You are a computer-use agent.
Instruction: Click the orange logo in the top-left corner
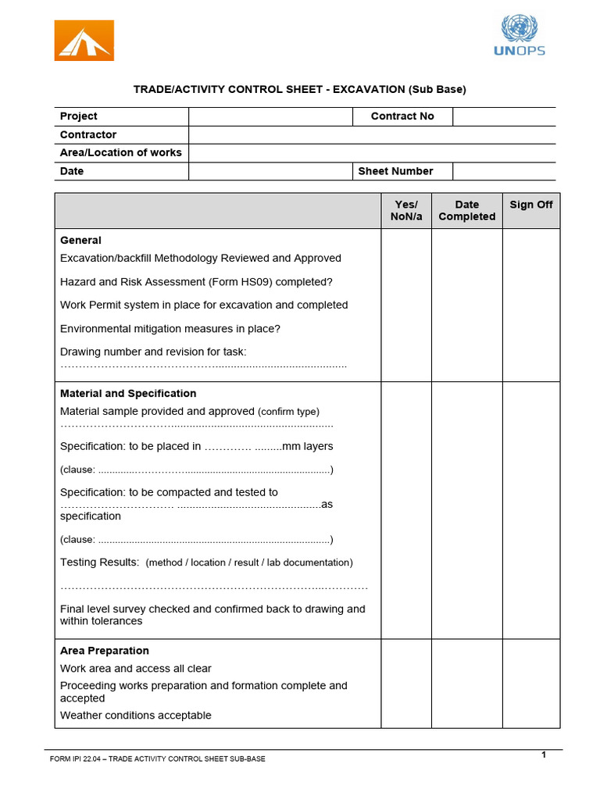[x=84, y=41]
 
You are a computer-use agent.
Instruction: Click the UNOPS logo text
[x=520, y=52]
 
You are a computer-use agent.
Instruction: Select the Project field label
[x=79, y=116]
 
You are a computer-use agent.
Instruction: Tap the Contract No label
[x=402, y=116]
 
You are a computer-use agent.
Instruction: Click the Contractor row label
[x=88, y=134]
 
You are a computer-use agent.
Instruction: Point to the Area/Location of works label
[x=120, y=152]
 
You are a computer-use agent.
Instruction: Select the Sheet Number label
[x=395, y=171]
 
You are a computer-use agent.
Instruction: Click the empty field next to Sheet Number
[x=504, y=171]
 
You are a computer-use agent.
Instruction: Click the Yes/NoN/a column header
[x=405, y=210]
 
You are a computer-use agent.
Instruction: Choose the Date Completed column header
[x=466, y=210]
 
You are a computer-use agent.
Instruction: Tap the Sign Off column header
[x=531, y=205]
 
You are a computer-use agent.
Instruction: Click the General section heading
[x=80, y=241]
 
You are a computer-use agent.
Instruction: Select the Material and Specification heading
[x=128, y=394]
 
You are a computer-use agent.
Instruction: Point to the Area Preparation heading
[x=105, y=651]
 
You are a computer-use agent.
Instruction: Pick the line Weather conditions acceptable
[x=136, y=716]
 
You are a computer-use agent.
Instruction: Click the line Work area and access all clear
[x=136, y=669]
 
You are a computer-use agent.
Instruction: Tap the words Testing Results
[x=100, y=562]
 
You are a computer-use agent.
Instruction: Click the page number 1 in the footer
[x=543, y=754]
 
